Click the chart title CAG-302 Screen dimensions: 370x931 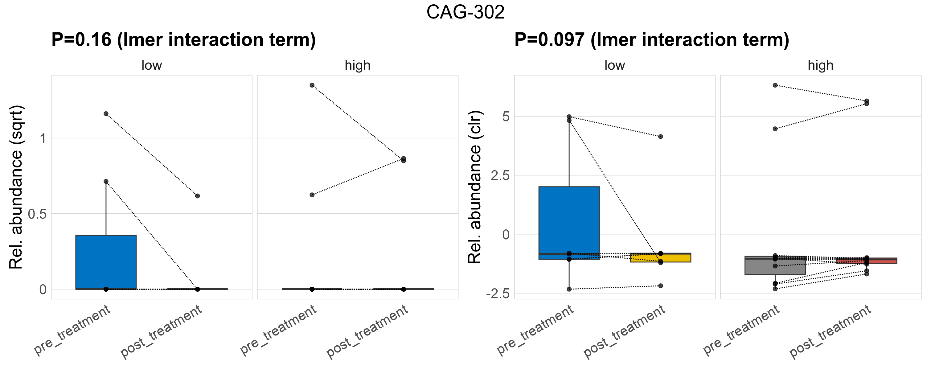[465, 12]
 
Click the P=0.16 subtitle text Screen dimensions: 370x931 [183, 40]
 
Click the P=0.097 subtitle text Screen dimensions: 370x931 [651, 40]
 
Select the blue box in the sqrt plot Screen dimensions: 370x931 [106, 262]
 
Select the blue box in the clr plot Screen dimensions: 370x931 [569, 220]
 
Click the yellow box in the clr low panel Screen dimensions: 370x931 [660, 258]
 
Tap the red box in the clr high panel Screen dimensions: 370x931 [866, 261]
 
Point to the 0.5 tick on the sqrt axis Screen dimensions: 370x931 [37, 214]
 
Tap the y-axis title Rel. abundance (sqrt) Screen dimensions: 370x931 [16, 187]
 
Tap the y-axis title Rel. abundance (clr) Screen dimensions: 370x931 [474, 187]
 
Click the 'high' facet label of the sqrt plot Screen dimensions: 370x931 [357, 65]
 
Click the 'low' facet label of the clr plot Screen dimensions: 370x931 [614, 65]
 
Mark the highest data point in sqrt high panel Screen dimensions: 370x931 [312, 85]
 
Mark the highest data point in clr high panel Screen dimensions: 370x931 [775, 85]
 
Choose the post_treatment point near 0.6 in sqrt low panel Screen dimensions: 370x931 [197, 196]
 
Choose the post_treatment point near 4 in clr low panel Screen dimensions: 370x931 [660, 137]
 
